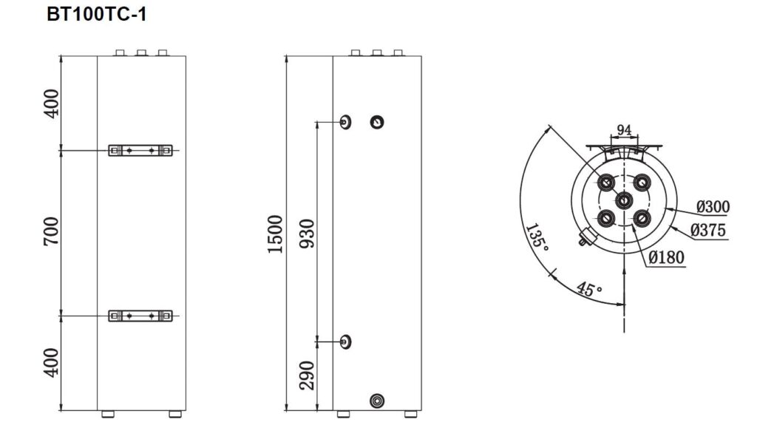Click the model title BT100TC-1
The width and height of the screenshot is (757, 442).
(x=96, y=15)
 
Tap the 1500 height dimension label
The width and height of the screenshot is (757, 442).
(x=275, y=234)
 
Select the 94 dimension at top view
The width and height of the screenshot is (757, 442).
(x=624, y=130)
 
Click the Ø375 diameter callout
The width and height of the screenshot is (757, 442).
(x=707, y=230)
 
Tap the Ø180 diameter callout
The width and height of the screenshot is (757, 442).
(x=665, y=257)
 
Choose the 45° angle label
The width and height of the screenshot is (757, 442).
(x=588, y=289)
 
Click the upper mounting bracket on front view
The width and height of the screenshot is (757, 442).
(x=140, y=150)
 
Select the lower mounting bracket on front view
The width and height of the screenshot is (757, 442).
(x=140, y=316)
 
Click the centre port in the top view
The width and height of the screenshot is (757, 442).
(x=624, y=200)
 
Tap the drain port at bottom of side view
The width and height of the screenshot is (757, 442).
(x=378, y=401)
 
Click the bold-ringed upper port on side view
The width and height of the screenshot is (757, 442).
(x=378, y=122)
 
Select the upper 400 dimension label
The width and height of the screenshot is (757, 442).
(x=50, y=103)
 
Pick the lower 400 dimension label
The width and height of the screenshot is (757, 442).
(x=50, y=363)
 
